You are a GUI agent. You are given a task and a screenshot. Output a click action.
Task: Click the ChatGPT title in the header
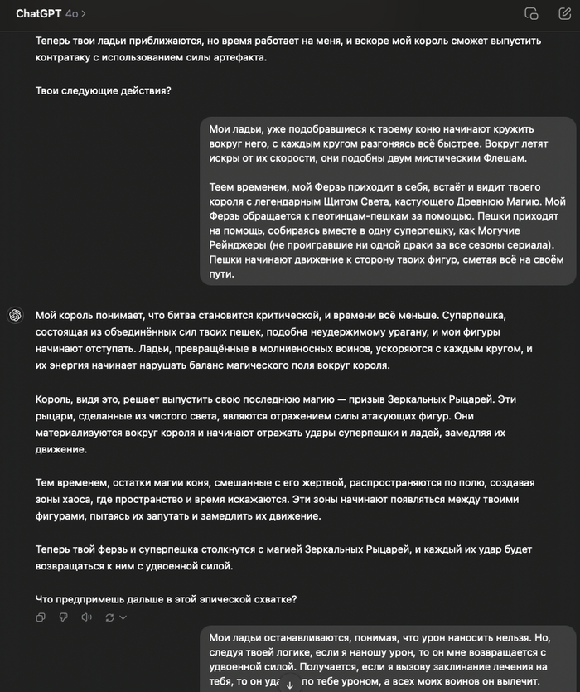click(38, 13)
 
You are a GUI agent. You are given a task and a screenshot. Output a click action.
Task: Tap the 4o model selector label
click(74, 13)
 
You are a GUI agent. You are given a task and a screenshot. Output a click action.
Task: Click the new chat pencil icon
click(561, 13)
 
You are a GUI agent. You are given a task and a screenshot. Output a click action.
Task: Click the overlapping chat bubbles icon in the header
click(531, 13)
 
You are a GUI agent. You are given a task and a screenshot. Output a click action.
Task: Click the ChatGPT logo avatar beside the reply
click(15, 315)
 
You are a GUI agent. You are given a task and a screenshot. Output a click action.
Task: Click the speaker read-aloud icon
click(85, 617)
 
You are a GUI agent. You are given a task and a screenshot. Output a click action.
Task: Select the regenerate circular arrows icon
click(109, 617)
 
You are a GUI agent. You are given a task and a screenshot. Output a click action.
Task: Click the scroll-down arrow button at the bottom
click(290, 685)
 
